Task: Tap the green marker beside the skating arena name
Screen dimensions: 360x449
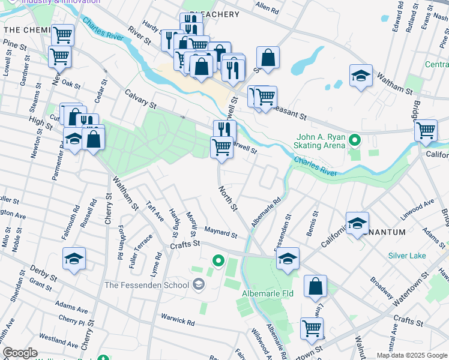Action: point(355,141)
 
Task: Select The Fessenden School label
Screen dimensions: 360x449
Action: point(147,285)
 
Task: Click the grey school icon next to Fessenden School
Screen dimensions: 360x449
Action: point(197,285)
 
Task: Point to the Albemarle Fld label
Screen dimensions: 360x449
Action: point(267,294)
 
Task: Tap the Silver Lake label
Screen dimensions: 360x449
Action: point(406,256)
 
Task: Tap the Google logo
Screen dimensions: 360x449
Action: point(20,353)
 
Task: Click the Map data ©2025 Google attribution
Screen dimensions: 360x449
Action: point(411,355)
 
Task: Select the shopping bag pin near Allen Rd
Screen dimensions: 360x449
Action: point(268,59)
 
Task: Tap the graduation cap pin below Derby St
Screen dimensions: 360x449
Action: point(74,259)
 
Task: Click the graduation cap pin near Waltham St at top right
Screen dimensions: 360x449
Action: point(361,76)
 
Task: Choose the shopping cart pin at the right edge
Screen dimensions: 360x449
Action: point(426,130)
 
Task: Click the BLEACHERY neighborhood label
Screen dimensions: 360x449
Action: point(214,14)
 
